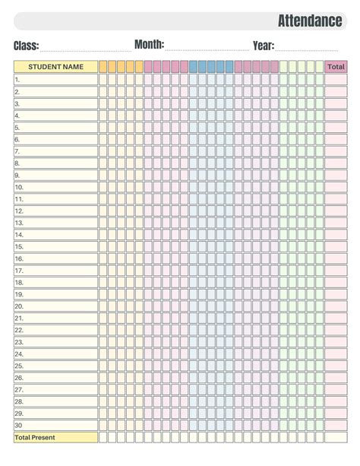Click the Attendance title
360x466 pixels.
(309, 21)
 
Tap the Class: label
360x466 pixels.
(26, 46)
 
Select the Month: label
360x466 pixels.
(149, 45)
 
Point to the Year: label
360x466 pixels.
(264, 46)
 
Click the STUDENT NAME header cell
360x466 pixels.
(55, 67)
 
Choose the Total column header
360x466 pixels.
(336, 67)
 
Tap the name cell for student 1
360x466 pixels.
(55, 79)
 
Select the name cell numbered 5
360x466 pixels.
(55, 127)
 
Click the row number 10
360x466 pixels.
(19, 187)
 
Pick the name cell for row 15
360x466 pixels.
(55, 246)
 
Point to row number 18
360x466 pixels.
(19, 282)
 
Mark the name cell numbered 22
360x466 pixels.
(55, 330)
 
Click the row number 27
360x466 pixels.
(19, 389)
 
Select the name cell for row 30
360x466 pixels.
(55, 425)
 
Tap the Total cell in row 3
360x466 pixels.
(336, 103)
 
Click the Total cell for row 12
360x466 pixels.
(336, 211)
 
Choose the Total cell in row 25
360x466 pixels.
(336, 366)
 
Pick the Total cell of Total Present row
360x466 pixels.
(336, 437)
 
